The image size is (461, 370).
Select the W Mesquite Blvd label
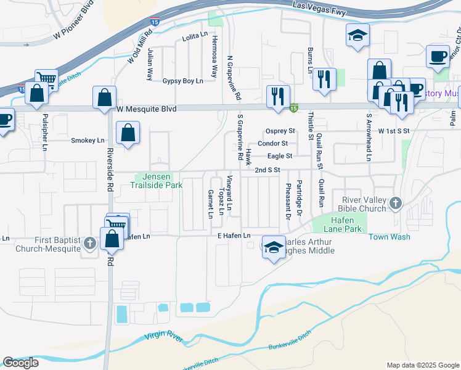(146, 109)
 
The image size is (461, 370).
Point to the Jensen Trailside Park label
(159, 181)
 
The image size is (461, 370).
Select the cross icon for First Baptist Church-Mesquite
(90, 244)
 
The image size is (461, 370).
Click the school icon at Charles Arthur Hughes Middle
(272, 247)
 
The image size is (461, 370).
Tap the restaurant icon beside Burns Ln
(322, 78)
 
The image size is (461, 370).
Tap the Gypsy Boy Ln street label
(182, 81)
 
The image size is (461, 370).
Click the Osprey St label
(280, 131)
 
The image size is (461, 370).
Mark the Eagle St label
(280, 156)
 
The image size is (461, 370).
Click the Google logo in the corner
(21, 363)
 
